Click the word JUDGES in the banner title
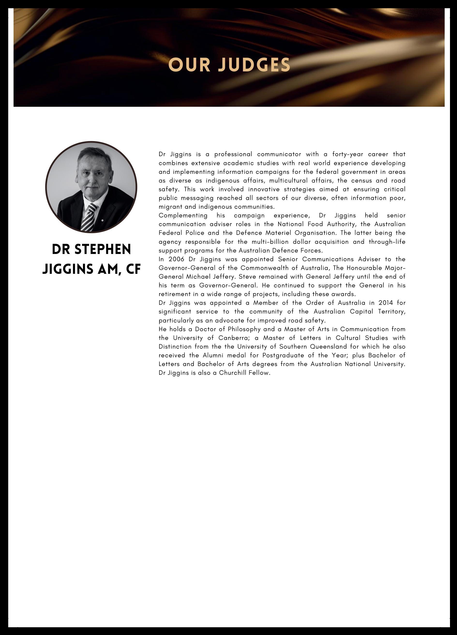[254, 65]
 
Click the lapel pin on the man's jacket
[103, 221]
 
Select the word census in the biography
[361, 181]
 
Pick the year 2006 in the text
[176, 259]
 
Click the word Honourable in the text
[364, 268]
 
